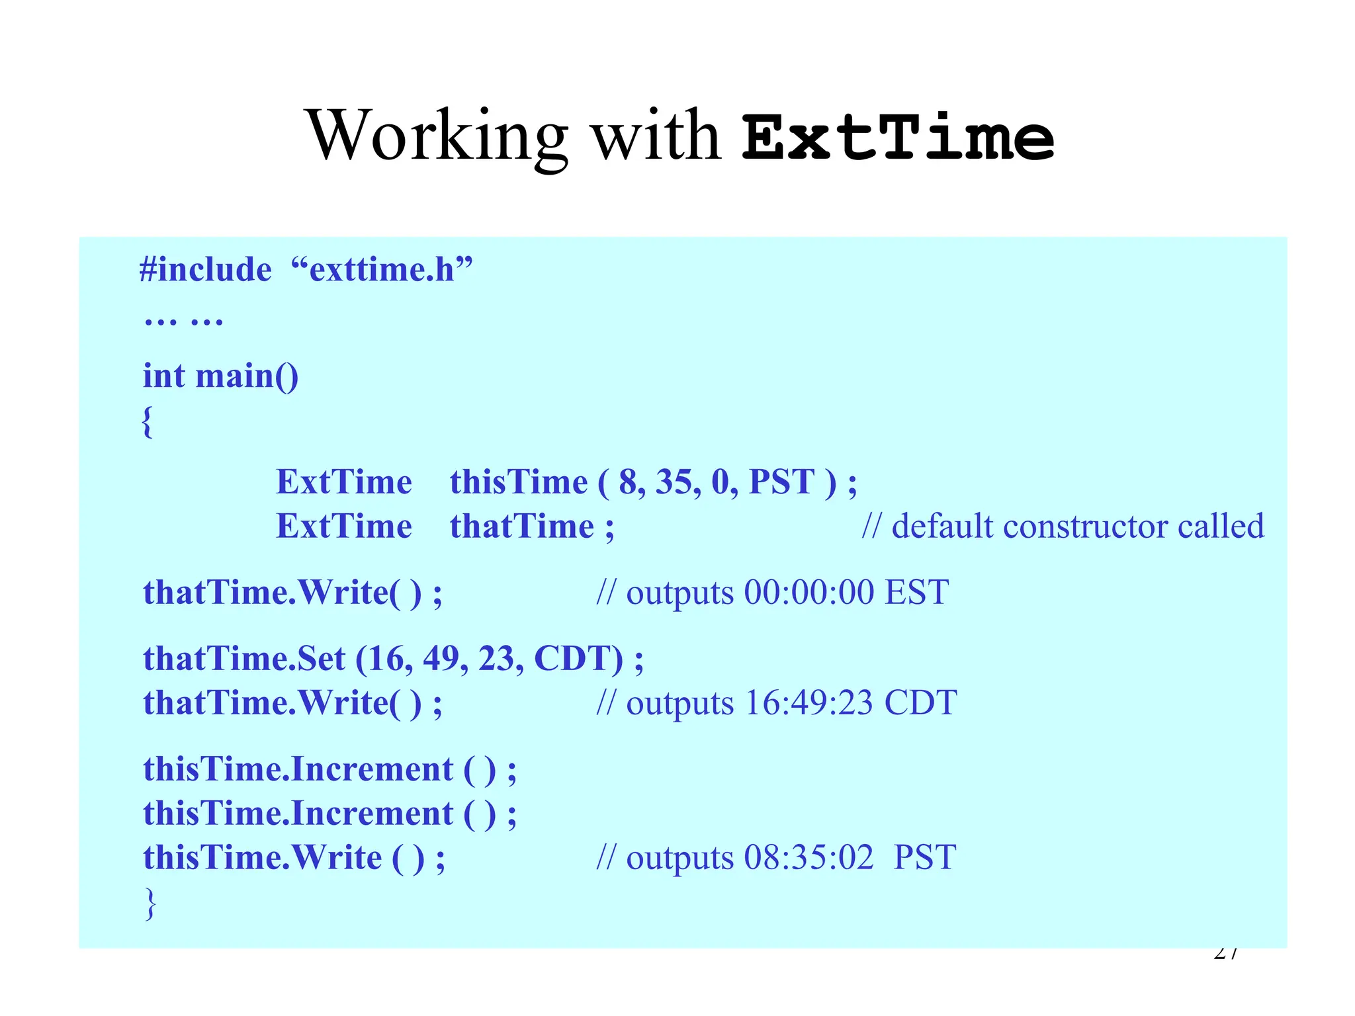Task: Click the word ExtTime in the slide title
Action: click(x=898, y=138)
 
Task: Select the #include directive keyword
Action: click(x=206, y=270)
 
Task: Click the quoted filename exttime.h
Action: click(x=382, y=270)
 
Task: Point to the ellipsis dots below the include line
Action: click(x=183, y=322)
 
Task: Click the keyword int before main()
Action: click(x=163, y=376)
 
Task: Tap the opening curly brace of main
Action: click(x=148, y=421)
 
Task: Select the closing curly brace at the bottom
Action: click(x=150, y=904)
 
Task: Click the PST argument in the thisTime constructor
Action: click(x=781, y=482)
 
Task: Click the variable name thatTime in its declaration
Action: click(x=522, y=527)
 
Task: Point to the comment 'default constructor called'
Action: click(x=1077, y=527)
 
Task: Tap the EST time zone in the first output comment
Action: click(x=916, y=592)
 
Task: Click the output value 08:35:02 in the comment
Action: click(x=809, y=858)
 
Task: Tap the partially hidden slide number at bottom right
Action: click(x=1226, y=954)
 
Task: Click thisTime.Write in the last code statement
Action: click(x=262, y=858)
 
